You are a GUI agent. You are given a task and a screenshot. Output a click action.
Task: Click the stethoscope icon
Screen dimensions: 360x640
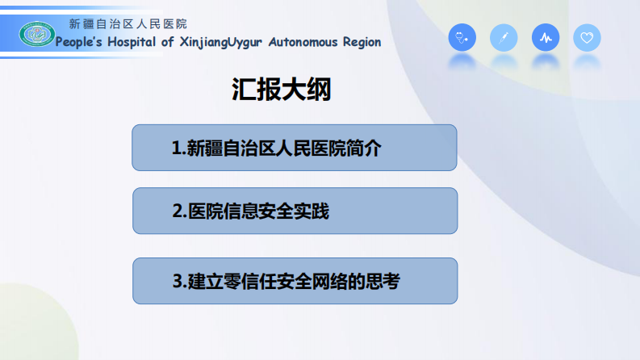coord(462,38)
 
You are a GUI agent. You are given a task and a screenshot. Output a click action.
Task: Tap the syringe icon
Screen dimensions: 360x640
coord(504,38)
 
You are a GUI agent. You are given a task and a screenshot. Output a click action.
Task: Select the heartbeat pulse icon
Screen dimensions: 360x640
coord(546,38)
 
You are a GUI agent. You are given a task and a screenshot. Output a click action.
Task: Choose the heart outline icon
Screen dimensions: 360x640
coord(587,38)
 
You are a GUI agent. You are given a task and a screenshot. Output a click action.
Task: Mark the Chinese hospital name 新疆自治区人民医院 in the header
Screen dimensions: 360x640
coord(128,24)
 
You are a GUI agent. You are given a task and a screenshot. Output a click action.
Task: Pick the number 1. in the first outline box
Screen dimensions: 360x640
coord(178,149)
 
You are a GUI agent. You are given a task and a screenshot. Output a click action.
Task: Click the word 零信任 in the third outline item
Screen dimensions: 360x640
coord(235,283)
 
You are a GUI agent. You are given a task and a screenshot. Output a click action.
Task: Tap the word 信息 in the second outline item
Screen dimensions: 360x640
coord(241,212)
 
